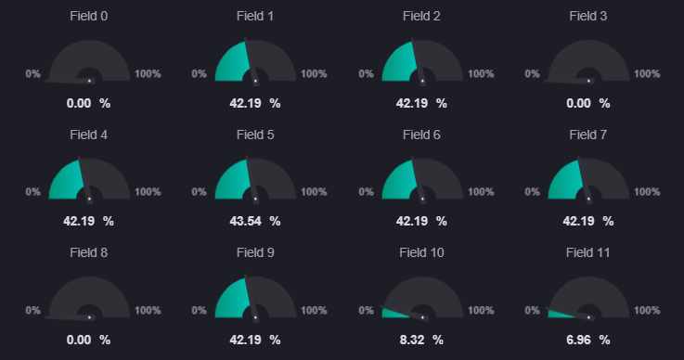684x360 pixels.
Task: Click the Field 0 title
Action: [88, 16]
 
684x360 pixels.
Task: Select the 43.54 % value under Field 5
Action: [255, 221]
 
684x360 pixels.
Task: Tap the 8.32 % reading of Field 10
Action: [421, 340]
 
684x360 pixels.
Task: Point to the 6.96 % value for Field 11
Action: [588, 340]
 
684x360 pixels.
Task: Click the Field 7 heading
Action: [588, 135]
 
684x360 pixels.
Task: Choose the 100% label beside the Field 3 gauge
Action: [647, 73]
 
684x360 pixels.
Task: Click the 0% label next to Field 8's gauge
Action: [32, 310]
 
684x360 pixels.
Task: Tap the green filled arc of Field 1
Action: [230, 64]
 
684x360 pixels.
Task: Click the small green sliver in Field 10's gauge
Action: [393, 313]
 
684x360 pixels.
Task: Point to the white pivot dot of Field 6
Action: [422, 199]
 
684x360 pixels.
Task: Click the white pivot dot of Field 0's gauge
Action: [89, 81]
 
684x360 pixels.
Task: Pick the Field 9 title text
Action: [255, 252]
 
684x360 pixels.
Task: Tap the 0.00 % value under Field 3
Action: [588, 103]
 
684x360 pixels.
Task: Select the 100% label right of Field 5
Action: [314, 191]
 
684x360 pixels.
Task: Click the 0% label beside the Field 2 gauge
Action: [366, 73]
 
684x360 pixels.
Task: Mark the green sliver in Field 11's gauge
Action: [559, 315]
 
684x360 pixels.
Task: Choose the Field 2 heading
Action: [421, 16]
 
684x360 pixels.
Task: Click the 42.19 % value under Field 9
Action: [255, 340]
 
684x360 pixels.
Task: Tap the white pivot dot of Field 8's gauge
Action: [89, 317]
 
